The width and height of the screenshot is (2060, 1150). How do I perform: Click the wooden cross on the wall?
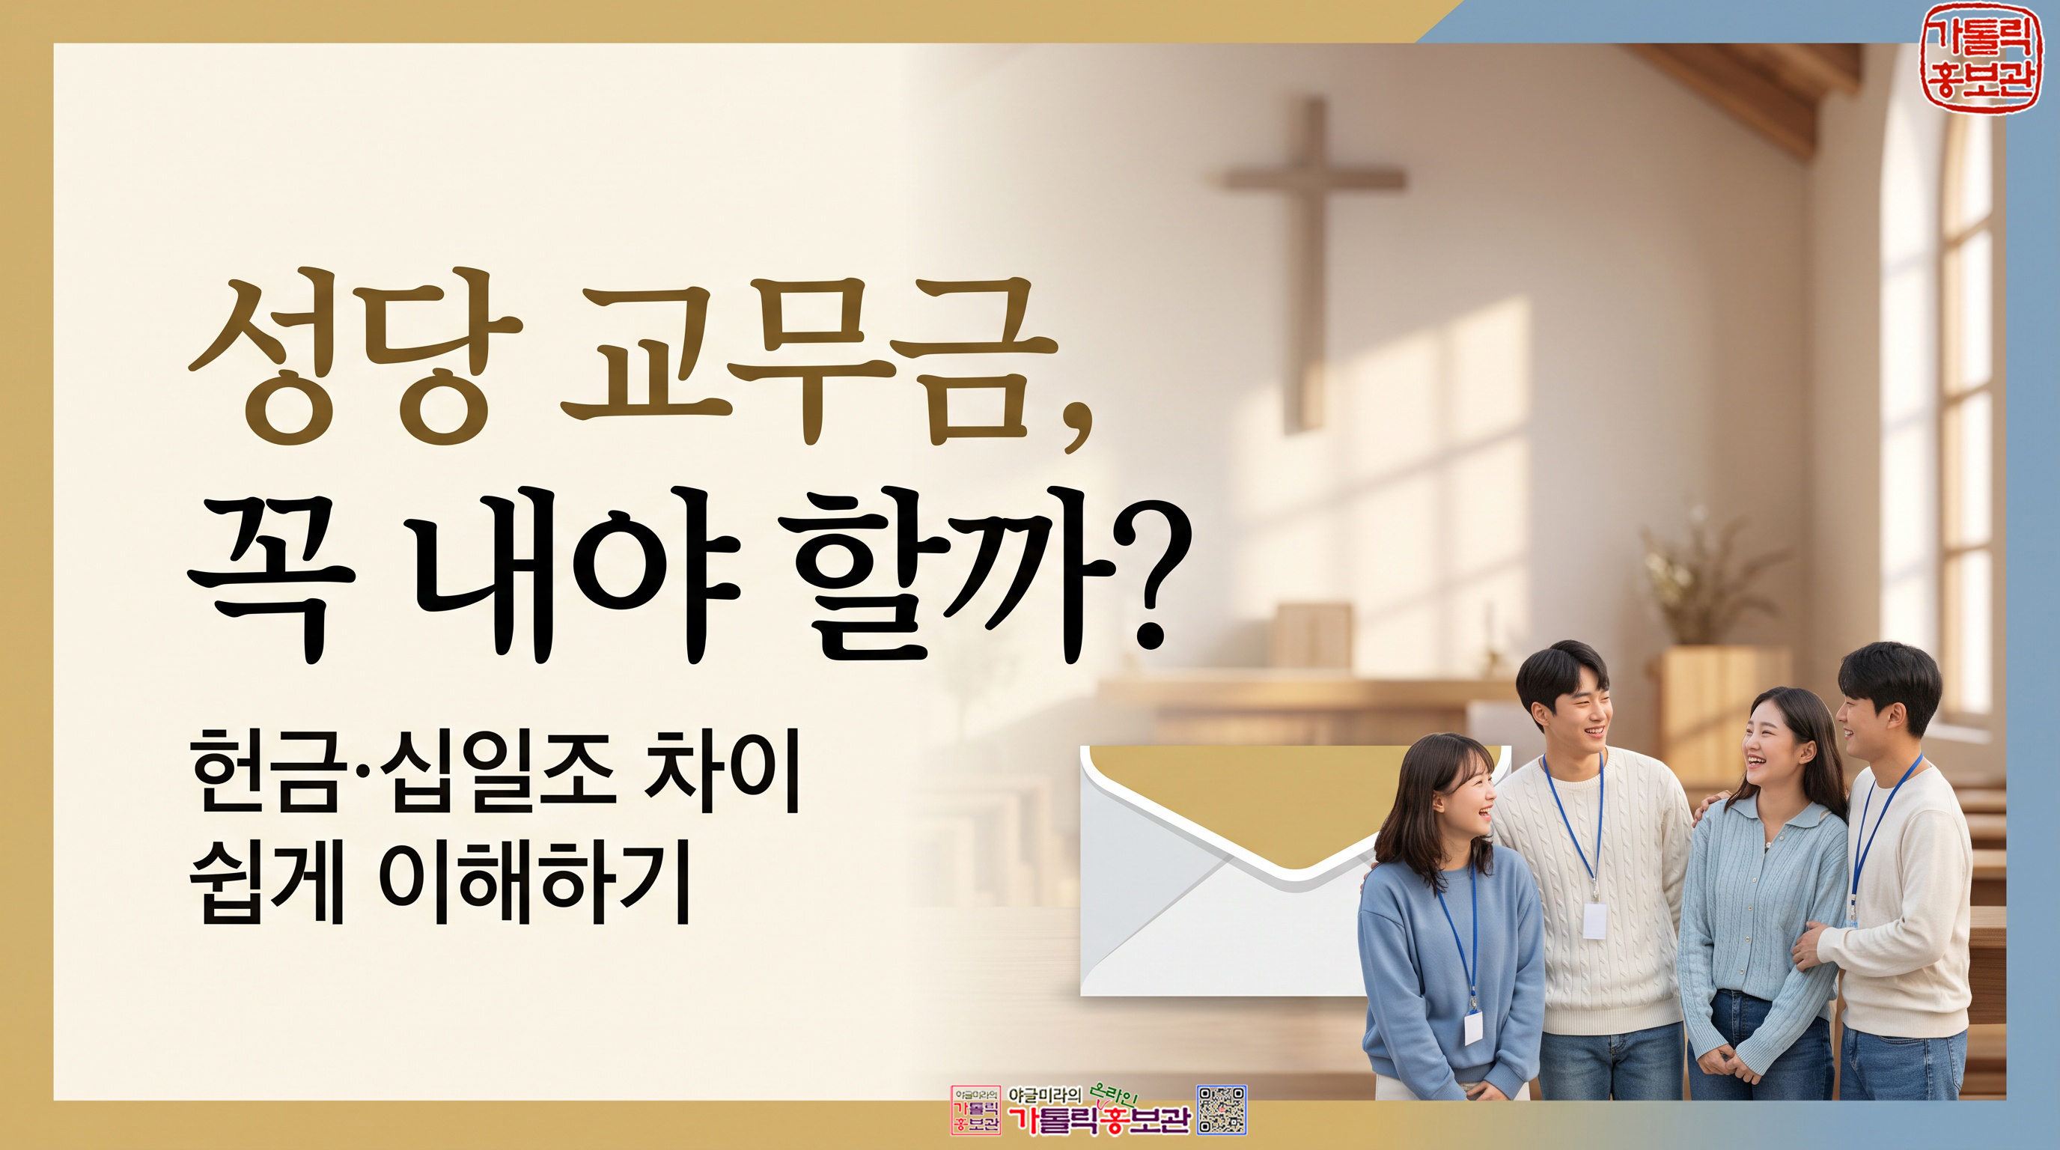coord(1311,264)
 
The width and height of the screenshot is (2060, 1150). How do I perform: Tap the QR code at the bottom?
coord(1222,1110)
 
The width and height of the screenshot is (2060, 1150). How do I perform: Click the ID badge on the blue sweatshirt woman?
coord(1473,1027)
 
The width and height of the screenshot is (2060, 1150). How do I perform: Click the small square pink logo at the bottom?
coord(975,1110)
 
